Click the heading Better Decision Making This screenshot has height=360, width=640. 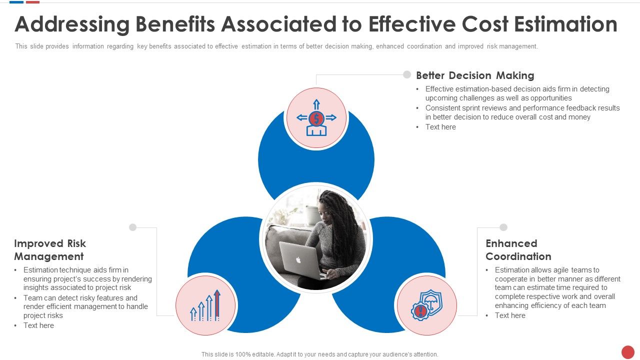[475, 75]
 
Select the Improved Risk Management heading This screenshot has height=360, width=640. [50, 250]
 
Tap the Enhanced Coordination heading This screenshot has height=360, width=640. [518, 250]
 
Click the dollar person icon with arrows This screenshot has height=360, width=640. [316, 118]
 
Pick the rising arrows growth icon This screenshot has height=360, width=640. [206, 305]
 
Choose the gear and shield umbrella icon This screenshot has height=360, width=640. [426, 305]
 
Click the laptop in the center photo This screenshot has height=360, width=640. [299, 260]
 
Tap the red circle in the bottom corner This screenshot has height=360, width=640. [627, 352]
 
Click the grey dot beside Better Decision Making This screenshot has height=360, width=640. [407, 74]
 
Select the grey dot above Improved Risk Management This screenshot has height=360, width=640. [132, 227]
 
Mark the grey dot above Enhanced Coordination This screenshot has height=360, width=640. [503, 227]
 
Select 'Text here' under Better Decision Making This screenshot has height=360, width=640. [440, 127]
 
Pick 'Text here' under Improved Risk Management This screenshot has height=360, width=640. [38, 325]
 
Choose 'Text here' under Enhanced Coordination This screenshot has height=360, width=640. [510, 315]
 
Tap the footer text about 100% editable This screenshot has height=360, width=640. [319, 354]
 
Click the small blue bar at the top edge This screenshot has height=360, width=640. [16, 2]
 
